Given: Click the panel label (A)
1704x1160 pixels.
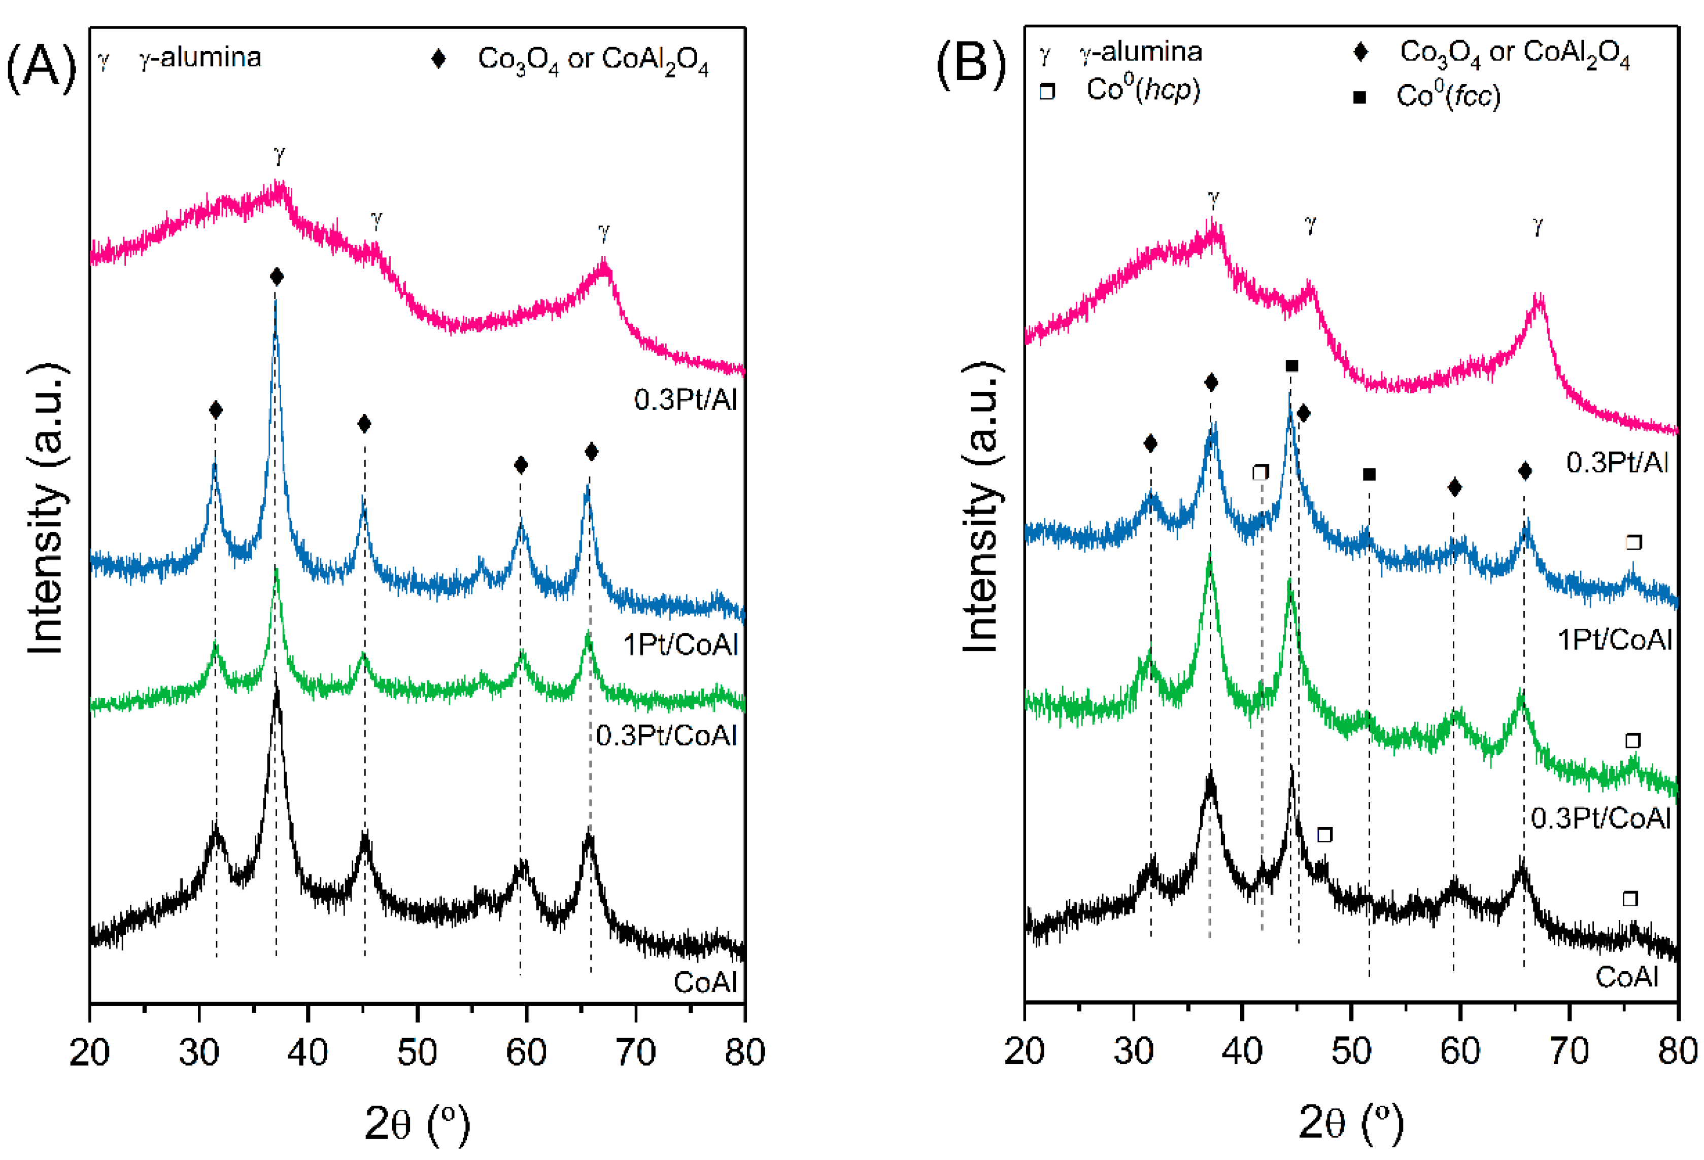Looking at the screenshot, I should [41, 67].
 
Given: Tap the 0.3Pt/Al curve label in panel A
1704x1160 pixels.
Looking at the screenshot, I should [685, 400].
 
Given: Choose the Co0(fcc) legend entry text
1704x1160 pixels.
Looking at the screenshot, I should [1448, 96].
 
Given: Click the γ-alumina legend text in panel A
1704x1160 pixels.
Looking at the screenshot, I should [199, 57].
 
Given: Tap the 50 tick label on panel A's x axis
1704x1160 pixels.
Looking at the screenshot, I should [417, 1053].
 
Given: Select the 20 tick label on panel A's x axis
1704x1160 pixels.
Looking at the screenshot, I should [89, 1053].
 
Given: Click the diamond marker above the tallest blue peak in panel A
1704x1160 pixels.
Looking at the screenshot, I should [277, 277].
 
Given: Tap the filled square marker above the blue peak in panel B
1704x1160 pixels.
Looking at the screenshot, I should [1292, 366].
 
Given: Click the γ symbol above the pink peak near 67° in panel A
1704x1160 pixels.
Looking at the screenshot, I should [603, 233].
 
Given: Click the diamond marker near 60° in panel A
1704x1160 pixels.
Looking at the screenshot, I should [521, 465].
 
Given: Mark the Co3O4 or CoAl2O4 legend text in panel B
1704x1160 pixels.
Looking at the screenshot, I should [1514, 53].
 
